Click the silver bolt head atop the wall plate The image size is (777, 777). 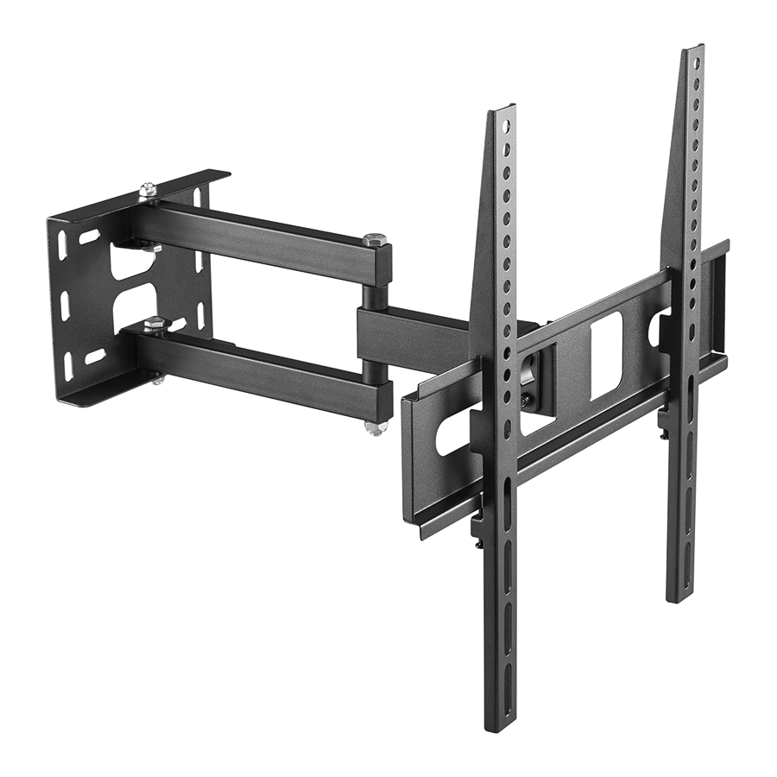[x=148, y=188]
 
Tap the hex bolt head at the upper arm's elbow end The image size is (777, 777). [x=374, y=239]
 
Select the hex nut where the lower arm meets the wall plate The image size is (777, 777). [x=155, y=324]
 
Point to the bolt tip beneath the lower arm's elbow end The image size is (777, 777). [x=374, y=427]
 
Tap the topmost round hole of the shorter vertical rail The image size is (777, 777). [x=505, y=126]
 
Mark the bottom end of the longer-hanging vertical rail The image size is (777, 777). [x=500, y=721]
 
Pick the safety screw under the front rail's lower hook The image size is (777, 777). [x=477, y=544]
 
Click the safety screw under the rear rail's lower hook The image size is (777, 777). [x=663, y=437]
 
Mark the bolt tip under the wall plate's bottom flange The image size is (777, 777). [x=158, y=380]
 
